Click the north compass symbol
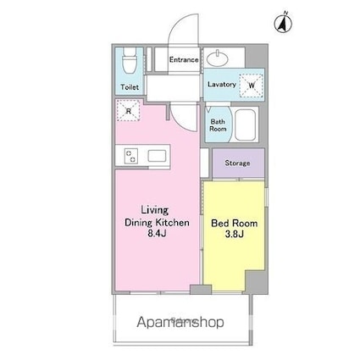pyautogui.click(x=283, y=23)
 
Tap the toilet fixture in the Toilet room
pyautogui.click(x=130, y=60)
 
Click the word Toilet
pyautogui.click(x=130, y=87)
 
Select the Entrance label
pyautogui.click(x=184, y=60)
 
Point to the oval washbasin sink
pyautogui.click(x=218, y=58)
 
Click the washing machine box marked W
pyautogui.click(x=252, y=85)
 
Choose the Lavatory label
pyautogui.click(x=222, y=85)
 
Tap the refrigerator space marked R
pyautogui.click(x=129, y=110)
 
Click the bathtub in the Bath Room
pyautogui.click(x=246, y=125)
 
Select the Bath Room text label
pyautogui.click(x=218, y=125)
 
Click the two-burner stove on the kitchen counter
pyautogui.click(x=131, y=156)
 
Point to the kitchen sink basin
pyautogui.click(x=157, y=156)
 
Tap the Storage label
pyautogui.click(x=237, y=163)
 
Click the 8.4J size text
pyautogui.click(x=157, y=234)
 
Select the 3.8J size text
pyautogui.click(x=235, y=234)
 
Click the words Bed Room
pyautogui.click(x=235, y=224)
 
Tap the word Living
pyautogui.click(x=155, y=210)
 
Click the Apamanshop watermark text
pyautogui.click(x=180, y=323)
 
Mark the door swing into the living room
pyautogui.click(x=180, y=121)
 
